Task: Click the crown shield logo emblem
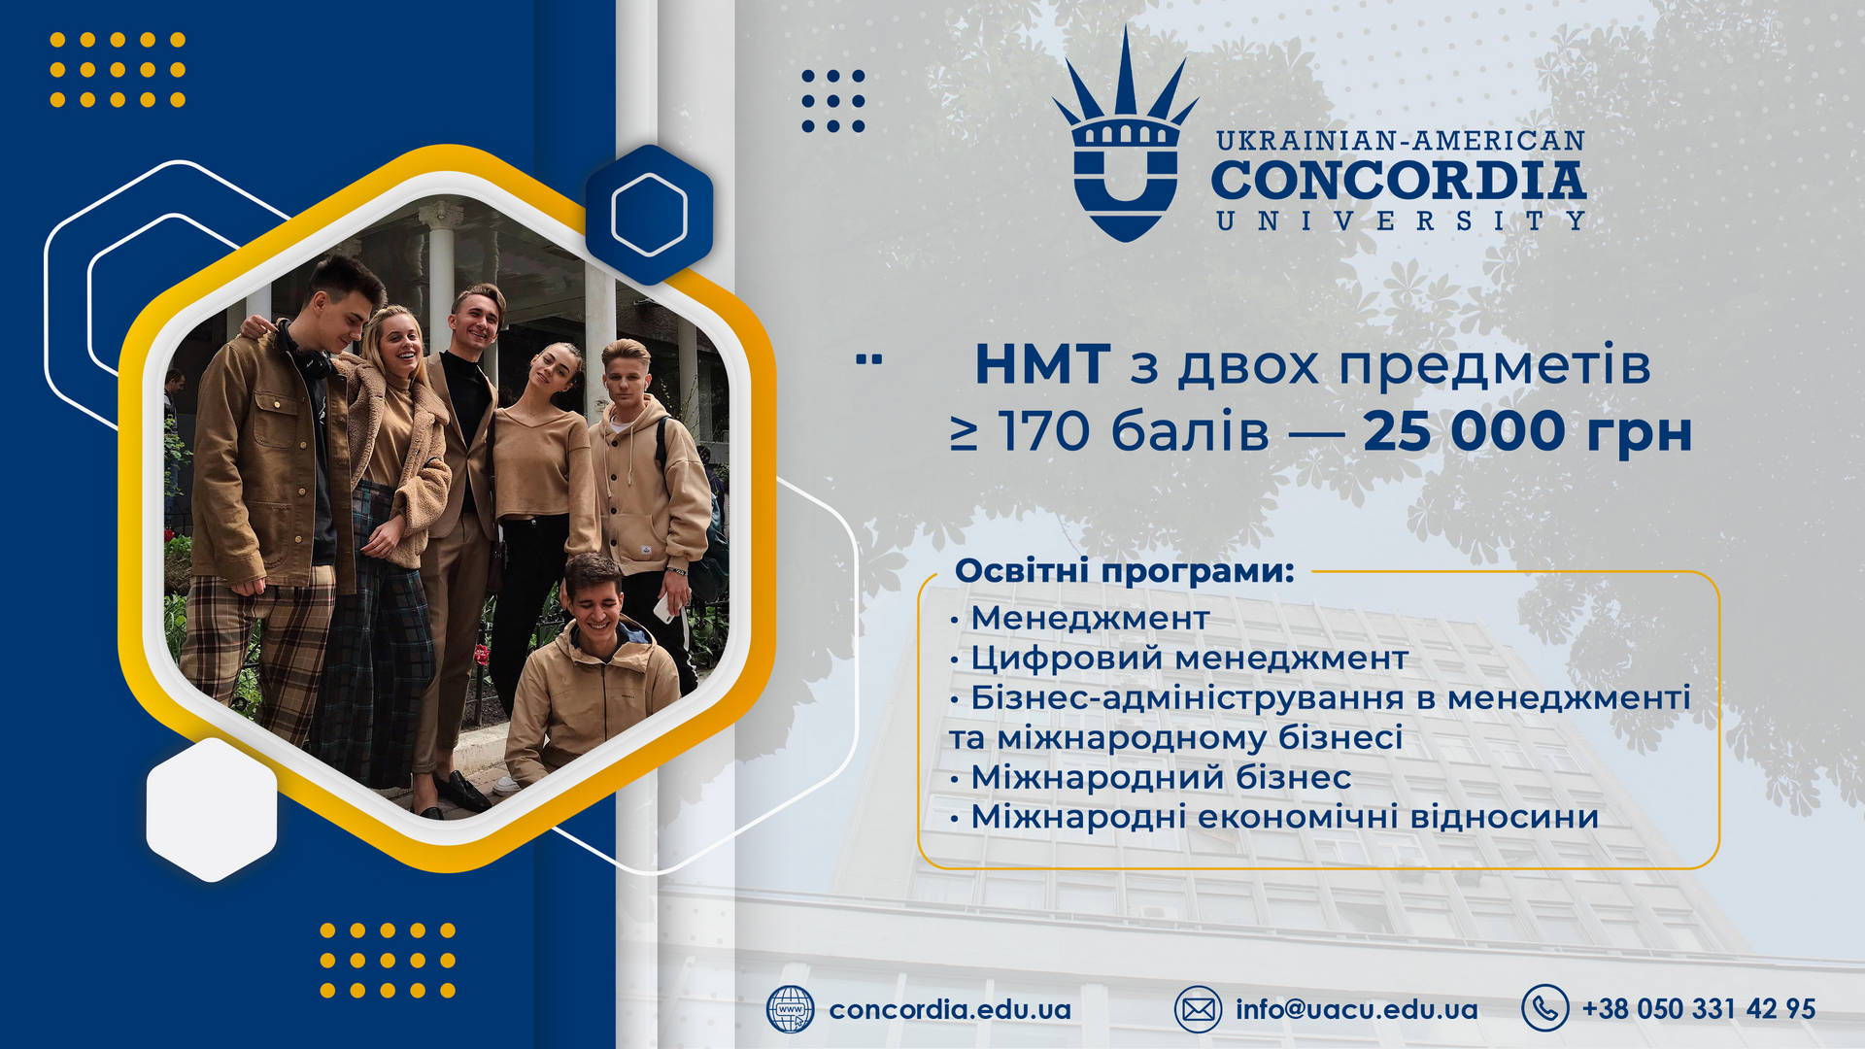click(1125, 146)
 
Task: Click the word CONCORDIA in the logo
click(1399, 180)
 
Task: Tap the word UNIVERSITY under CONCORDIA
click(1400, 221)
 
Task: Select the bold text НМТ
click(1041, 365)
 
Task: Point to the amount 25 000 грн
click(1527, 432)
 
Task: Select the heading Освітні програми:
click(1124, 571)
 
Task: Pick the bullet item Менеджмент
click(1090, 618)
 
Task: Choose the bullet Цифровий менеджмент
click(1189, 659)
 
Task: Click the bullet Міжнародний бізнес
click(1161, 777)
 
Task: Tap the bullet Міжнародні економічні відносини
click(1284, 817)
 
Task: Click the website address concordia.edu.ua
click(949, 1009)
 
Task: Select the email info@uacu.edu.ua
click(1356, 1009)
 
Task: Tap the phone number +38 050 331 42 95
click(1698, 1009)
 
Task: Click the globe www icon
click(790, 1009)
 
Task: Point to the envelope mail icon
click(1198, 1009)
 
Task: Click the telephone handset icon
click(1544, 1007)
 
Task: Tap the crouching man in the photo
click(593, 670)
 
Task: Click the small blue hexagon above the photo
click(649, 214)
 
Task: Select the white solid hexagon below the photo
click(212, 809)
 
